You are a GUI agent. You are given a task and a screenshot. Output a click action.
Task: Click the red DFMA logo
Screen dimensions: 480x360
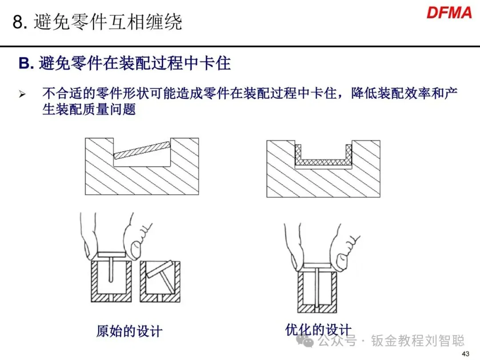[x=449, y=12]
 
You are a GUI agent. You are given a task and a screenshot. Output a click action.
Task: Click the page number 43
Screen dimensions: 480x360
[x=466, y=354]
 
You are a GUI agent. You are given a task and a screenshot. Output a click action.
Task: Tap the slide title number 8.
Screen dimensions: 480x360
[x=18, y=22]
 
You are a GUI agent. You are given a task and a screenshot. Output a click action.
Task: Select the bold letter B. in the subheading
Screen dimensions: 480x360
[x=26, y=64]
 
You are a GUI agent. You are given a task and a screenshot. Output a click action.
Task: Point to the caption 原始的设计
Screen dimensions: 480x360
[x=129, y=331]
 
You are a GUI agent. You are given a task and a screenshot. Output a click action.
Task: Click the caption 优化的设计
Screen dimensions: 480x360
[x=318, y=330]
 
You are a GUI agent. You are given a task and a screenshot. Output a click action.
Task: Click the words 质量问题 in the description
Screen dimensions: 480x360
[x=108, y=109]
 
